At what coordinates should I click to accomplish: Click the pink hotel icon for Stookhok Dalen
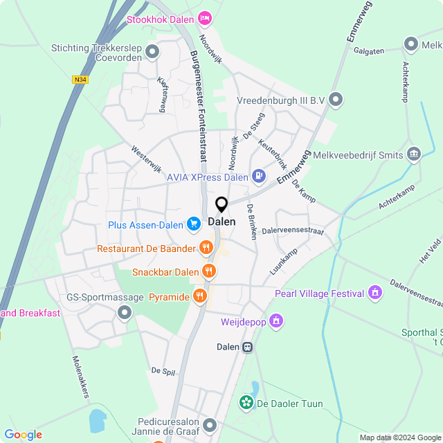[204, 18]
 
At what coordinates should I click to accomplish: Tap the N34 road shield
[80, 80]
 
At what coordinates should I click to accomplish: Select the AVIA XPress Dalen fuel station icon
[259, 177]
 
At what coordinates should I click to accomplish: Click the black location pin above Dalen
[221, 205]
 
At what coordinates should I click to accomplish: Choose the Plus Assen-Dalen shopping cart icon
[194, 224]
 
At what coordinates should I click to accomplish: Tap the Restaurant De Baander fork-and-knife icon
[206, 248]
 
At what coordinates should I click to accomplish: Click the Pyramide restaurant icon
[200, 296]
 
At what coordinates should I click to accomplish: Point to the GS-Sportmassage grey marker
[125, 314]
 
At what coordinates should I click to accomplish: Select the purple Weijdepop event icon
[276, 320]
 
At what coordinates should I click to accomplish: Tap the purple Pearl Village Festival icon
[375, 293]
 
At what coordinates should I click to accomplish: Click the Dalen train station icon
[247, 347]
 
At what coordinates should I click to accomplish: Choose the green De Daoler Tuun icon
[246, 403]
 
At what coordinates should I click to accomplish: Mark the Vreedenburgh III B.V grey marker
[336, 100]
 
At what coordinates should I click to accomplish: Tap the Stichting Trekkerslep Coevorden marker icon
[152, 51]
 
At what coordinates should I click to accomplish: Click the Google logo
[23, 434]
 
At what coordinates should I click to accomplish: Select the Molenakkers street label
[81, 377]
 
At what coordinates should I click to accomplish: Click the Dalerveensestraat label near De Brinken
[293, 230]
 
